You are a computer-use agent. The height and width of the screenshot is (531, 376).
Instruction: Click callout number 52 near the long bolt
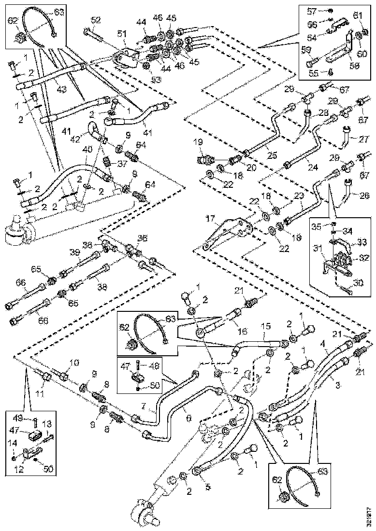coord(96,20)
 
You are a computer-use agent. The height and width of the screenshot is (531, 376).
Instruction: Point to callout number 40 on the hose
coord(87,150)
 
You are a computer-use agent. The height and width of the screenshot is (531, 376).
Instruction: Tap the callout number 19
coord(199,142)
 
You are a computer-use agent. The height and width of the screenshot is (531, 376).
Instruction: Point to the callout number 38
coord(101,286)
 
